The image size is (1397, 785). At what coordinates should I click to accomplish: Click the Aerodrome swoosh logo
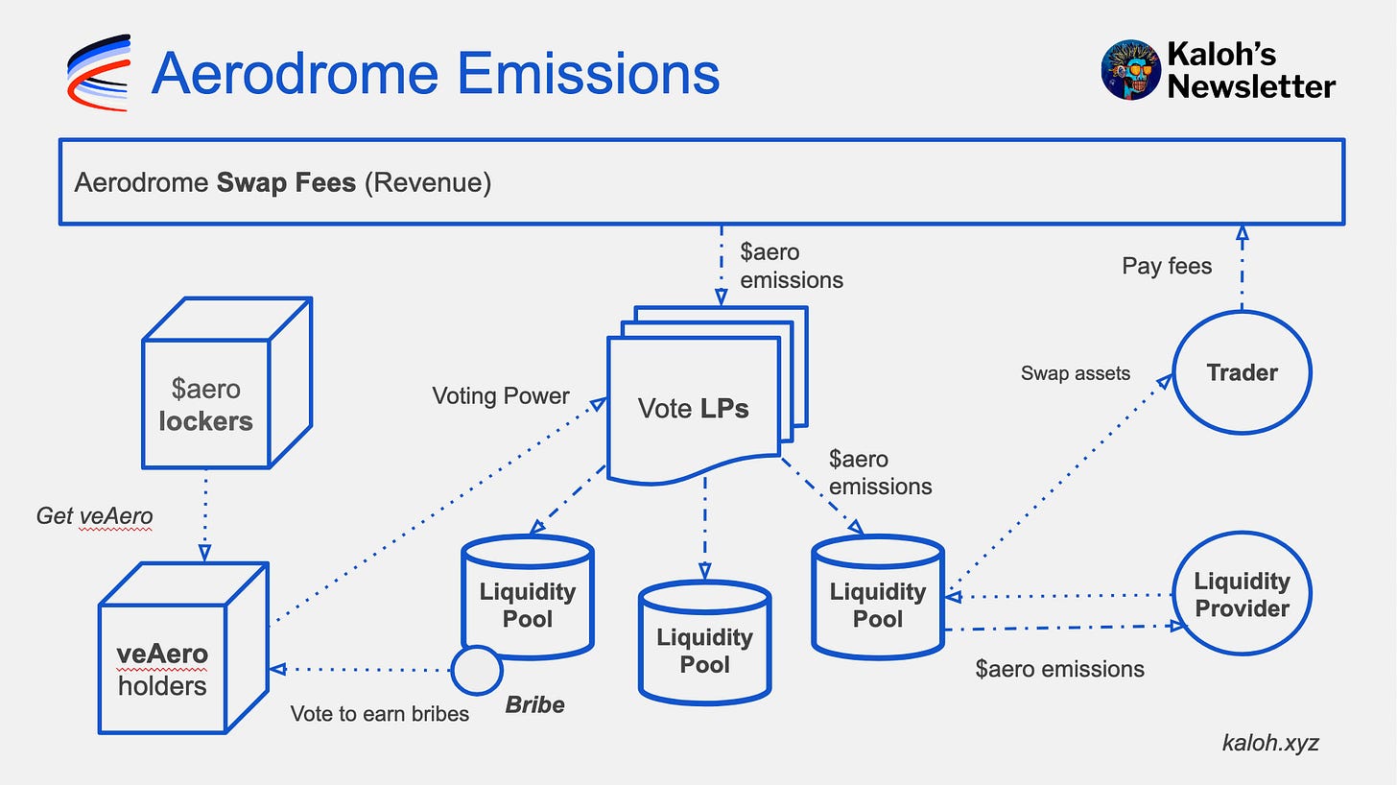click(99, 72)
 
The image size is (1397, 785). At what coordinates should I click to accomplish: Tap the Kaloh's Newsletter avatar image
click(1130, 70)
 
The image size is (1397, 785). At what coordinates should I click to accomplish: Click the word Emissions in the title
click(588, 74)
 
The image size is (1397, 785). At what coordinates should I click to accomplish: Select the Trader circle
click(1242, 372)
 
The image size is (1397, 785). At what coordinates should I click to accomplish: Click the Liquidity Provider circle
click(1242, 593)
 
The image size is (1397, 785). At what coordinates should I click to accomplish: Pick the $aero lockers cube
click(227, 383)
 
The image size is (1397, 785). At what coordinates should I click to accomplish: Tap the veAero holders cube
click(183, 648)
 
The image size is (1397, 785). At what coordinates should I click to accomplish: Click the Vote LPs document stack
click(707, 395)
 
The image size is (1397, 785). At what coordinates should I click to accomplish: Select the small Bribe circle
click(477, 670)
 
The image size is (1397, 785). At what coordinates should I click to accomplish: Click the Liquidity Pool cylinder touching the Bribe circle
click(528, 597)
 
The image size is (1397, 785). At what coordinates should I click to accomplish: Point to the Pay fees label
click(1167, 267)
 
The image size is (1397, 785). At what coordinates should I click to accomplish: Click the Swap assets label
click(1076, 373)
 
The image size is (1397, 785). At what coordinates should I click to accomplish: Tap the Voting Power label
click(501, 395)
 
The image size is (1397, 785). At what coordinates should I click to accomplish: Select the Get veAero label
click(94, 516)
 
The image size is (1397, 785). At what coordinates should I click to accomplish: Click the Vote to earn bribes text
click(380, 714)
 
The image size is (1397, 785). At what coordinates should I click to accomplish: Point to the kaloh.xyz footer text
click(1270, 743)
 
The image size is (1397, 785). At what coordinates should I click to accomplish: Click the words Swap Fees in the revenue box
click(286, 183)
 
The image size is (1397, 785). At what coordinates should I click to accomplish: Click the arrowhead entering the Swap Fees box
click(1242, 233)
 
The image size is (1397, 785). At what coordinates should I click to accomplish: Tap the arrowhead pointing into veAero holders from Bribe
click(277, 669)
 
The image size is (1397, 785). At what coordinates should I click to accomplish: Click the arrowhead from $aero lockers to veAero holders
click(204, 553)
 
